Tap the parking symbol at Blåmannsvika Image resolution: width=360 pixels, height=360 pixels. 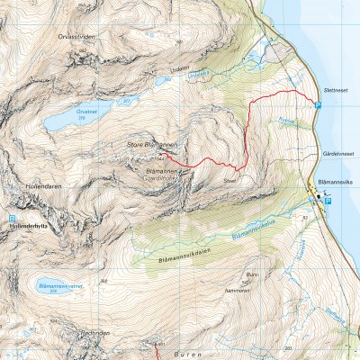click(x=328, y=202)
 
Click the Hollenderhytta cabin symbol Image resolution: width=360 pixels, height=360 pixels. click(x=12, y=218)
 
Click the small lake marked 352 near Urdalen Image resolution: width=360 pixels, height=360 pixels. click(x=163, y=81)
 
